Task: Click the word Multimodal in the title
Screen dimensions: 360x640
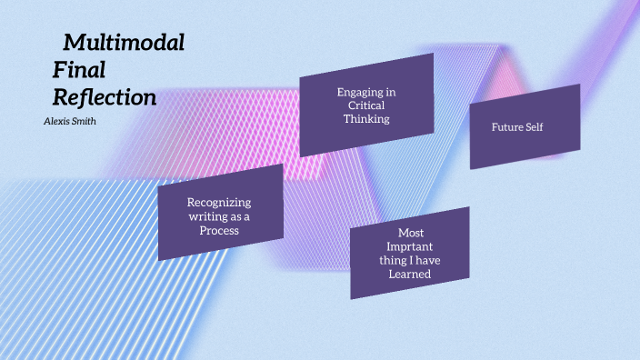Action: click(124, 42)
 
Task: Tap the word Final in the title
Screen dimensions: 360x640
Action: click(80, 69)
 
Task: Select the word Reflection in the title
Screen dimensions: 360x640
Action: click(105, 97)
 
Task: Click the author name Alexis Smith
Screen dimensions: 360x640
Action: click(70, 121)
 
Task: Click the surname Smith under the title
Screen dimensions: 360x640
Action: click(85, 121)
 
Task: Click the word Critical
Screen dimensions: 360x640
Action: click(366, 105)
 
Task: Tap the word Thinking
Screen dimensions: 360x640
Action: click(366, 118)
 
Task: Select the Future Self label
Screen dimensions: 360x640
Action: click(517, 127)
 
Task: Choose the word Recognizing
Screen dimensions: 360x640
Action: click(219, 202)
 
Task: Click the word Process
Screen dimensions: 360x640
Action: click(219, 230)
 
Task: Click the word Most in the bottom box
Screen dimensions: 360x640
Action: click(411, 234)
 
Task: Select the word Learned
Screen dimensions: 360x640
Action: click(411, 274)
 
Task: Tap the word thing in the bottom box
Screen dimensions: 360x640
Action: click(395, 261)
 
